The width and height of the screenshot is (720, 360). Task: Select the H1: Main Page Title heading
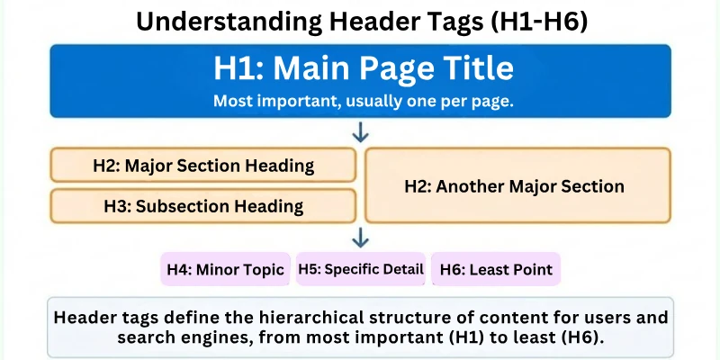tap(364, 69)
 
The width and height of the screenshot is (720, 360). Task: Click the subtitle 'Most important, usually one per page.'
tap(364, 101)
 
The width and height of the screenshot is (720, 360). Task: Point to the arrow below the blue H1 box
tap(361, 133)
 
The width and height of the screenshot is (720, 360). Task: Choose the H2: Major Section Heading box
tap(203, 166)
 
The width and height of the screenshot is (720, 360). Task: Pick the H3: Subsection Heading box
tap(203, 206)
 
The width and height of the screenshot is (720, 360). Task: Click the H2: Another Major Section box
tap(517, 186)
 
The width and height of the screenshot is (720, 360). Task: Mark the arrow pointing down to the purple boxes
tap(361, 238)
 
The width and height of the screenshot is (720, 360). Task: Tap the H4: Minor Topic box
tap(226, 269)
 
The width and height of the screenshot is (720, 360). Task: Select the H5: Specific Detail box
tap(360, 269)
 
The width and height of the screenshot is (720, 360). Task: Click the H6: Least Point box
tap(496, 269)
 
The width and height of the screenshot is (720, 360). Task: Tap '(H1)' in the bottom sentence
tap(483, 337)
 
